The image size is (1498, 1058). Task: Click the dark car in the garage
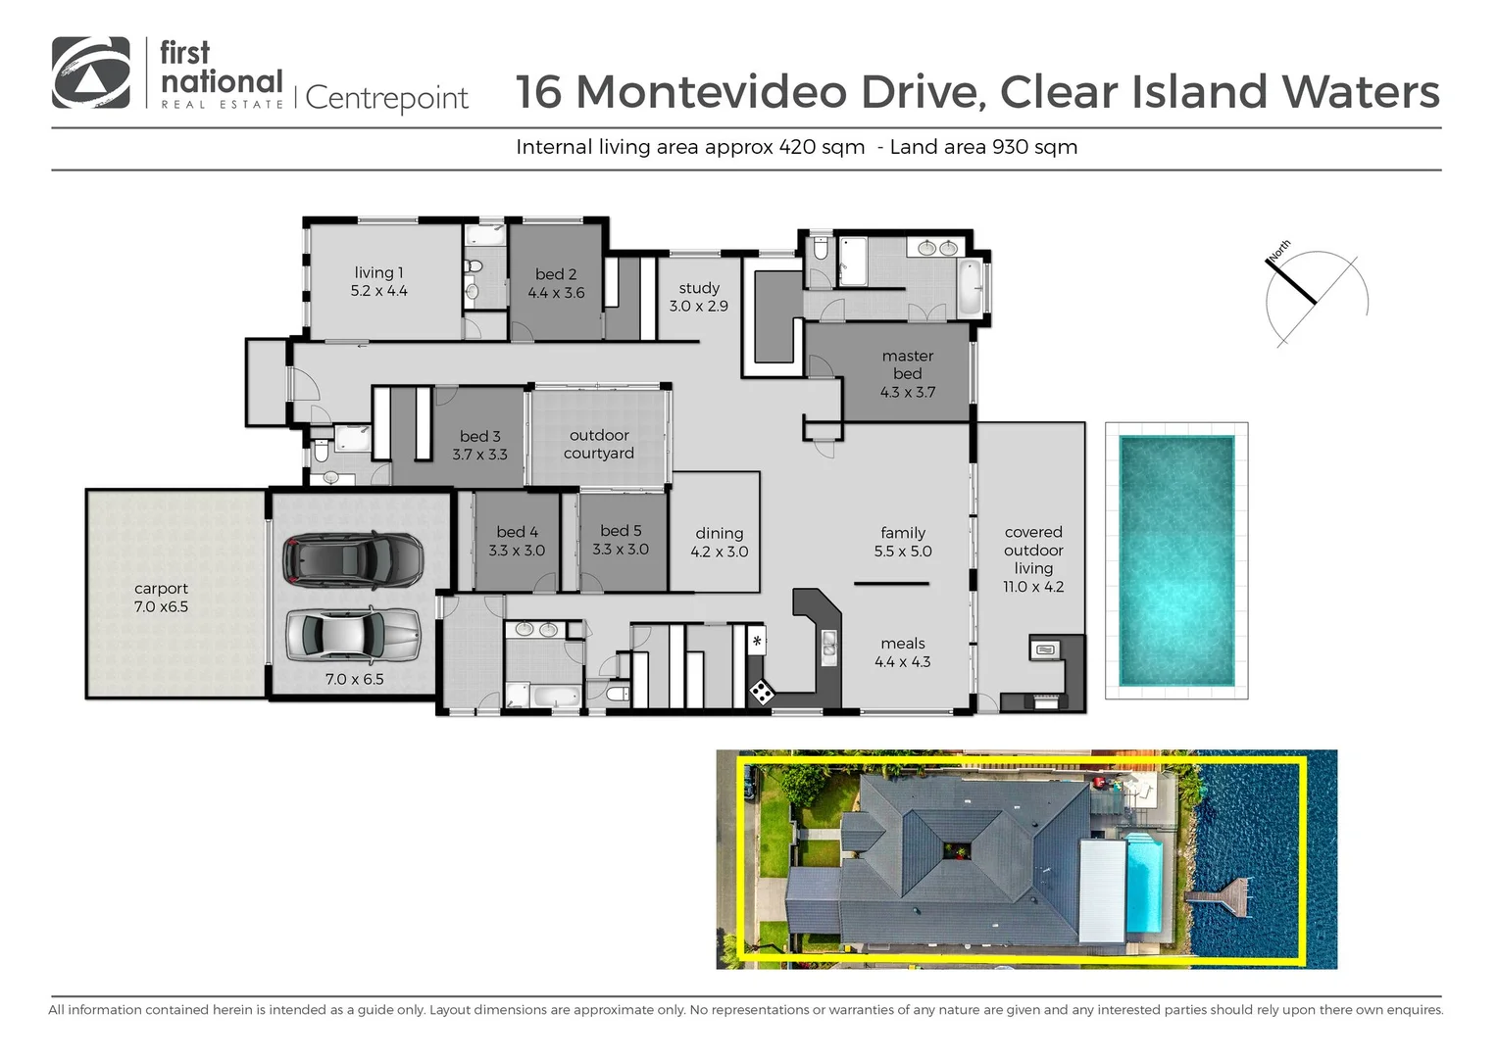click(x=353, y=560)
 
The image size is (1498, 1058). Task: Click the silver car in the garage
click(x=353, y=635)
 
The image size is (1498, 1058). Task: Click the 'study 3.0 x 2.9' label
click(x=699, y=297)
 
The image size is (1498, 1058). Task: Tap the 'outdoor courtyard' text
click(x=599, y=444)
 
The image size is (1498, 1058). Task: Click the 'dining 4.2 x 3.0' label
click(x=719, y=542)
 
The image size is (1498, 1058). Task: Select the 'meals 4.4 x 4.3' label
click(x=902, y=652)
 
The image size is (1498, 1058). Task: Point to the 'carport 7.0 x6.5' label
click(x=161, y=598)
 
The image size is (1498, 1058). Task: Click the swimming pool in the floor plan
click(x=1175, y=559)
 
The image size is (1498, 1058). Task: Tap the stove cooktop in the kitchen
click(x=761, y=693)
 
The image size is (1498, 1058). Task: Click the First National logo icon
click(x=91, y=72)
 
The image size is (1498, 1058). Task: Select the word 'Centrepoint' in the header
click(x=386, y=98)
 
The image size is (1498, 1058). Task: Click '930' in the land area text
click(x=1010, y=147)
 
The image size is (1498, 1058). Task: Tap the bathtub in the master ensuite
click(x=969, y=287)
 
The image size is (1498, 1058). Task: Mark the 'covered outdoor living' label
click(x=1033, y=559)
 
